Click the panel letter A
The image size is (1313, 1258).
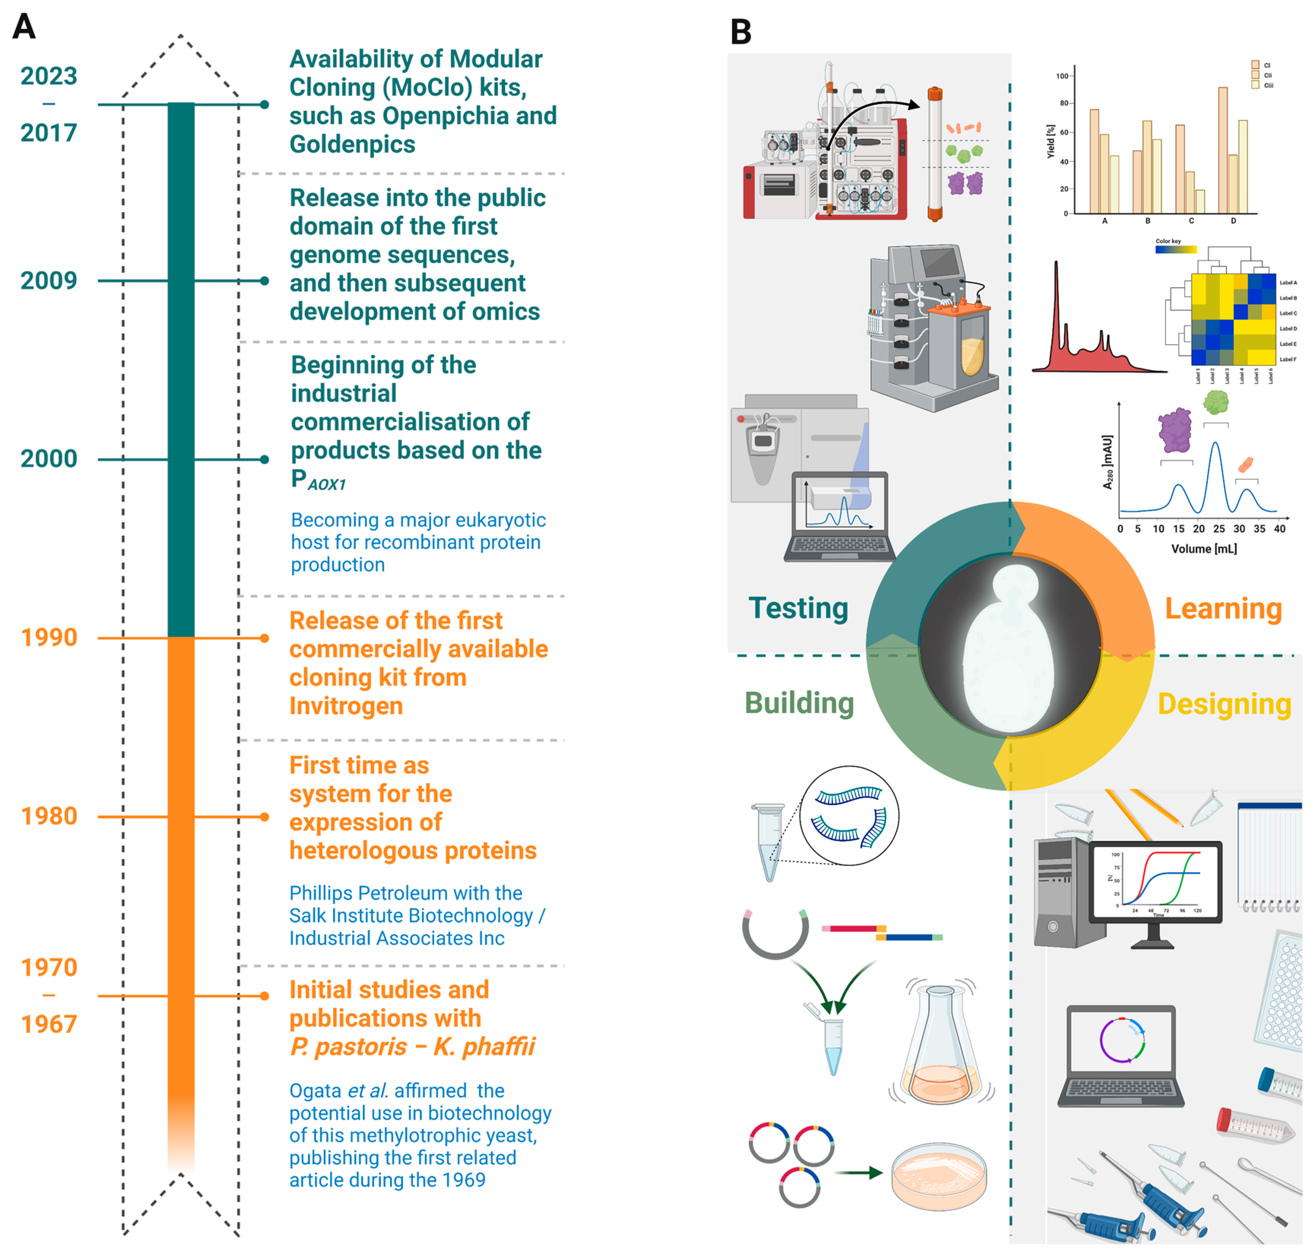click(x=24, y=27)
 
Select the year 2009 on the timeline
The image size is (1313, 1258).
click(x=49, y=281)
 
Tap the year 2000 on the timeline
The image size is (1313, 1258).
click(x=49, y=459)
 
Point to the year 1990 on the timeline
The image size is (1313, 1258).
click(x=49, y=638)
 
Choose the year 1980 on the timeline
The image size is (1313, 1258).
click(x=49, y=817)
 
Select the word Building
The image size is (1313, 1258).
click(x=799, y=703)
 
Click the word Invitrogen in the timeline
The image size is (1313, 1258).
click(x=346, y=706)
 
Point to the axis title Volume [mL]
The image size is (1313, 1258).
click(x=1204, y=549)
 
